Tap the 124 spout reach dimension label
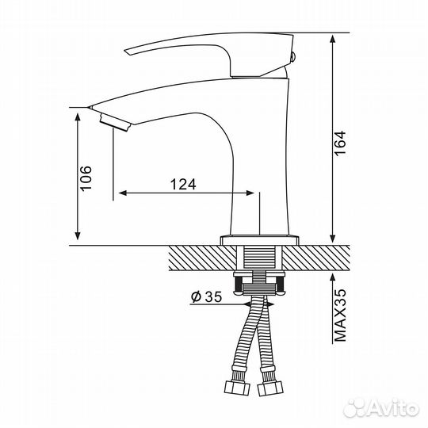tap(182, 184)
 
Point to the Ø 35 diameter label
tap(205, 297)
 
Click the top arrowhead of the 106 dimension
tap(78, 113)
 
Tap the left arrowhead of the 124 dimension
tap(122, 193)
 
